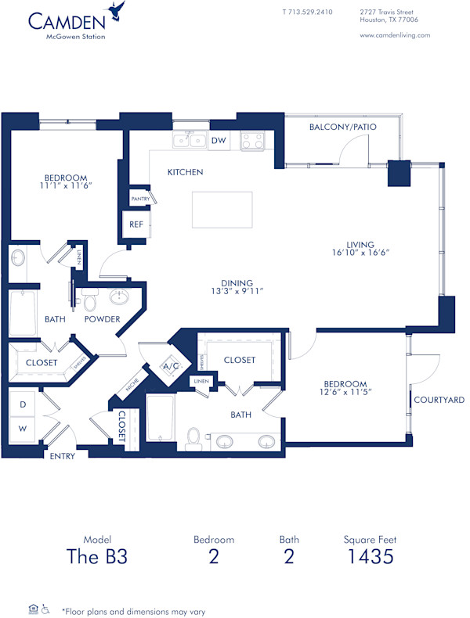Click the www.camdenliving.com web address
coord(395,35)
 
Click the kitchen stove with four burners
coord(252,141)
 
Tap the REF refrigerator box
coord(136,224)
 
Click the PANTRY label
coord(140,199)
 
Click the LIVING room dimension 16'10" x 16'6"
coord(361,253)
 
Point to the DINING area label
coord(236,282)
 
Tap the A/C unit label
coord(171,365)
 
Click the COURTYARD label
coord(439,400)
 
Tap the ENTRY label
coord(62,456)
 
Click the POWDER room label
coord(103,319)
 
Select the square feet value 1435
coord(370,556)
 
